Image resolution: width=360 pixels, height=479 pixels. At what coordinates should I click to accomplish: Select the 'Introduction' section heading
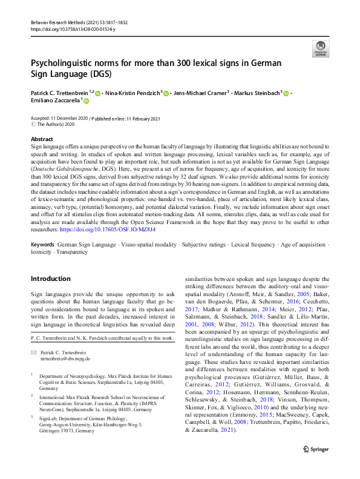tap(51, 279)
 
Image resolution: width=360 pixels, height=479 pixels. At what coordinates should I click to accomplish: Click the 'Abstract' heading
tap(41, 139)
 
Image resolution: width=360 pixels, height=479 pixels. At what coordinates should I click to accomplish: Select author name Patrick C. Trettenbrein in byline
tap(59, 93)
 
